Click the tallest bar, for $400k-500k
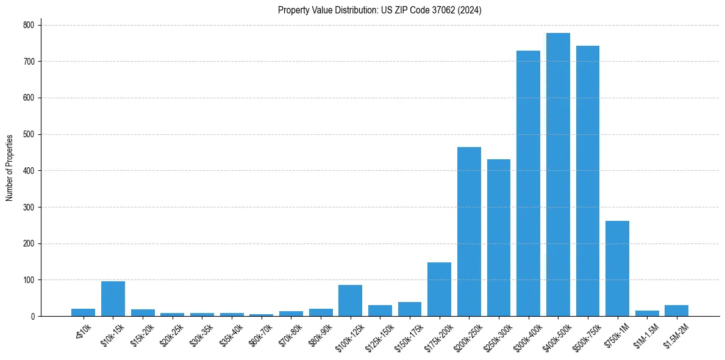click(x=558, y=175)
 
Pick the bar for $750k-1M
click(x=617, y=268)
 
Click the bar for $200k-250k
click(x=469, y=232)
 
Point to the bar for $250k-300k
click(x=499, y=238)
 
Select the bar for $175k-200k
click(x=439, y=289)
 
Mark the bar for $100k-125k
click(x=350, y=301)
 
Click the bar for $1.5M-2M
click(x=676, y=311)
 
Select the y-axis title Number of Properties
click(x=10, y=168)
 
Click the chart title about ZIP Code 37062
click(x=379, y=10)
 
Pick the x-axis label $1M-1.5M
click(x=644, y=335)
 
